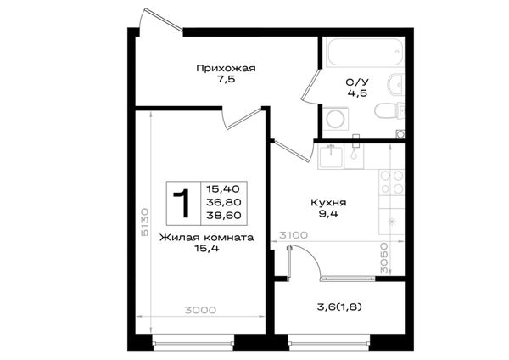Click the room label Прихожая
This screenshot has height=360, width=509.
pyautogui.click(x=226, y=69)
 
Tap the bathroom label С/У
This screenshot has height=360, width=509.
pyautogui.click(x=357, y=82)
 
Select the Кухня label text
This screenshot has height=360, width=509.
pyautogui.click(x=328, y=203)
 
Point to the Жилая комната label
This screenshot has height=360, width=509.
pyautogui.click(x=206, y=238)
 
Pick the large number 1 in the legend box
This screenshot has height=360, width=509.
pyautogui.click(x=182, y=203)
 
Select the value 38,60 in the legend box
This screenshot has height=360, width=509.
pyautogui.click(x=224, y=215)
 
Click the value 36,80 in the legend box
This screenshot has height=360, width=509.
pyautogui.click(x=224, y=202)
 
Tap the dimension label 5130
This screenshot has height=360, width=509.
pyautogui.click(x=145, y=222)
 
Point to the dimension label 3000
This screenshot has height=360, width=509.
pyautogui.click(x=200, y=310)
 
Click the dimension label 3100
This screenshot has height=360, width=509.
pyautogui.click(x=294, y=235)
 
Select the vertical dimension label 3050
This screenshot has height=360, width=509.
pyautogui.click(x=384, y=257)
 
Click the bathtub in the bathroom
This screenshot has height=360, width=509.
pyautogui.click(x=365, y=52)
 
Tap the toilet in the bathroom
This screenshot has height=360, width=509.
pyautogui.click(x=389, y=110)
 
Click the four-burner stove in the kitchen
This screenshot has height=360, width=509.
pyautogui.click(x=391, y=183)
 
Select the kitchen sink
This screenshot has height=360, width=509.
pyautogui.click(x=331, y=156)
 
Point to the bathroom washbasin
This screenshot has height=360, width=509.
pyautogui.click(x=395, y=84)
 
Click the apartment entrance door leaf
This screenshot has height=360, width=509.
pyautogui.click(x=162, y=20)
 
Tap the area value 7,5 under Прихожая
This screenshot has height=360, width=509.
pyautogui.click(x=226, y=80)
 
